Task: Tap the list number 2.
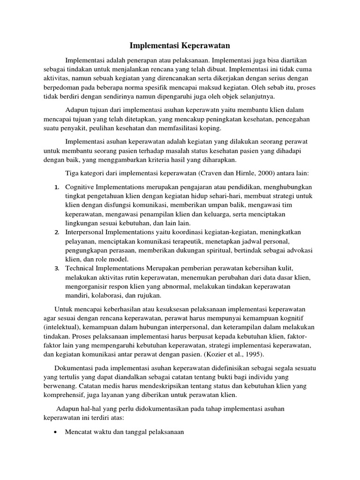56,233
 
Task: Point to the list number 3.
56,269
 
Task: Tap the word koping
210,128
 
